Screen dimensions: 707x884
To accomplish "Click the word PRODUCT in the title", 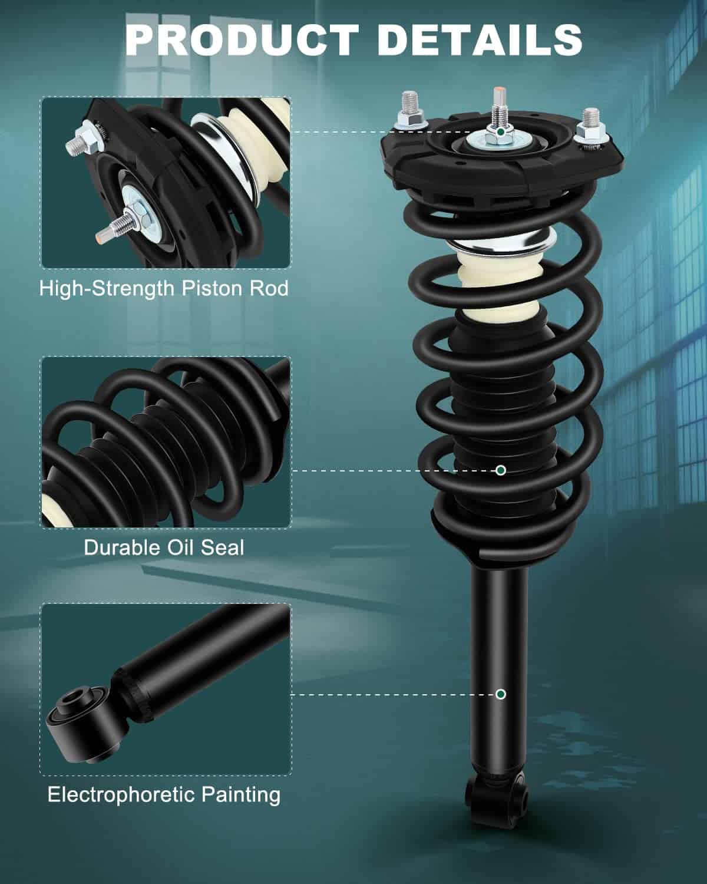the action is click(242, 40).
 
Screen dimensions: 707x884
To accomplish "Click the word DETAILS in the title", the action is click(480, 40).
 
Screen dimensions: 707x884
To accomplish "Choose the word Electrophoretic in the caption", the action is click(121, 795).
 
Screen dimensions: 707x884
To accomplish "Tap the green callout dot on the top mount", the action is click(500, 132).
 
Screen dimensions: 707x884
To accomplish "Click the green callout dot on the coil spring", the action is click(500, 470).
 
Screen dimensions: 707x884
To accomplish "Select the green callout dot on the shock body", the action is click(500, 694).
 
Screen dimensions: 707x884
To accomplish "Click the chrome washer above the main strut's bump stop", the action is click(501, 243).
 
